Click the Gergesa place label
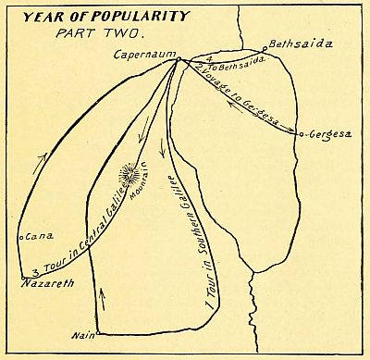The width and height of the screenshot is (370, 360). pyautogui.click(x=331, y=134)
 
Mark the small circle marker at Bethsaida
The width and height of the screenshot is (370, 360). pyautogui.click(x=264, y=49)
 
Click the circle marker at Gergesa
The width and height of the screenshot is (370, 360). pyautogui.click(x=302, y=134)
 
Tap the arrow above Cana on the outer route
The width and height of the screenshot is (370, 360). pyautogui.click(x=38, y=162)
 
